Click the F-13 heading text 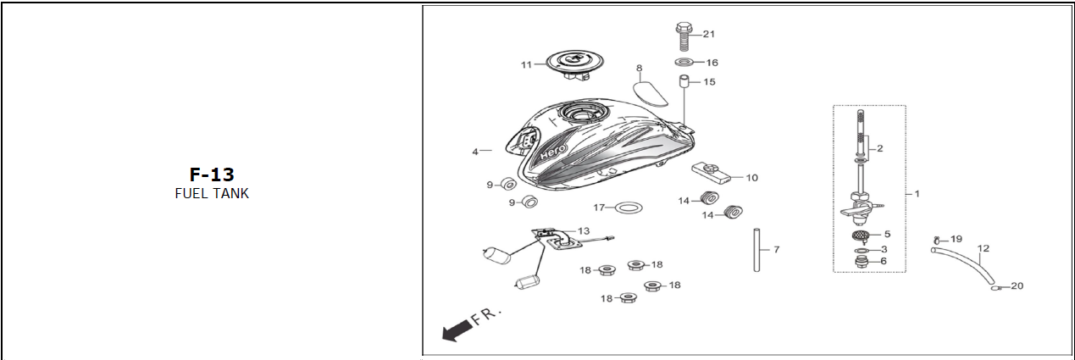click(211, 175)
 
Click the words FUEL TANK click(211, 193)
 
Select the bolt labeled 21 click(683, 36)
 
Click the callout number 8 click(639, 68)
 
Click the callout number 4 click(475, 152)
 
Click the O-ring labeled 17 click(628, 208)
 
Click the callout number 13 click(583, 230)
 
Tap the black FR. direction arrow click(458, 330)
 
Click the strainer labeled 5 click(861, 235)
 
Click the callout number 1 click(916, 193)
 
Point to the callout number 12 click(983, 249)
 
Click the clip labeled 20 click(996, 287)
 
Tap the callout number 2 click(880, 148)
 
